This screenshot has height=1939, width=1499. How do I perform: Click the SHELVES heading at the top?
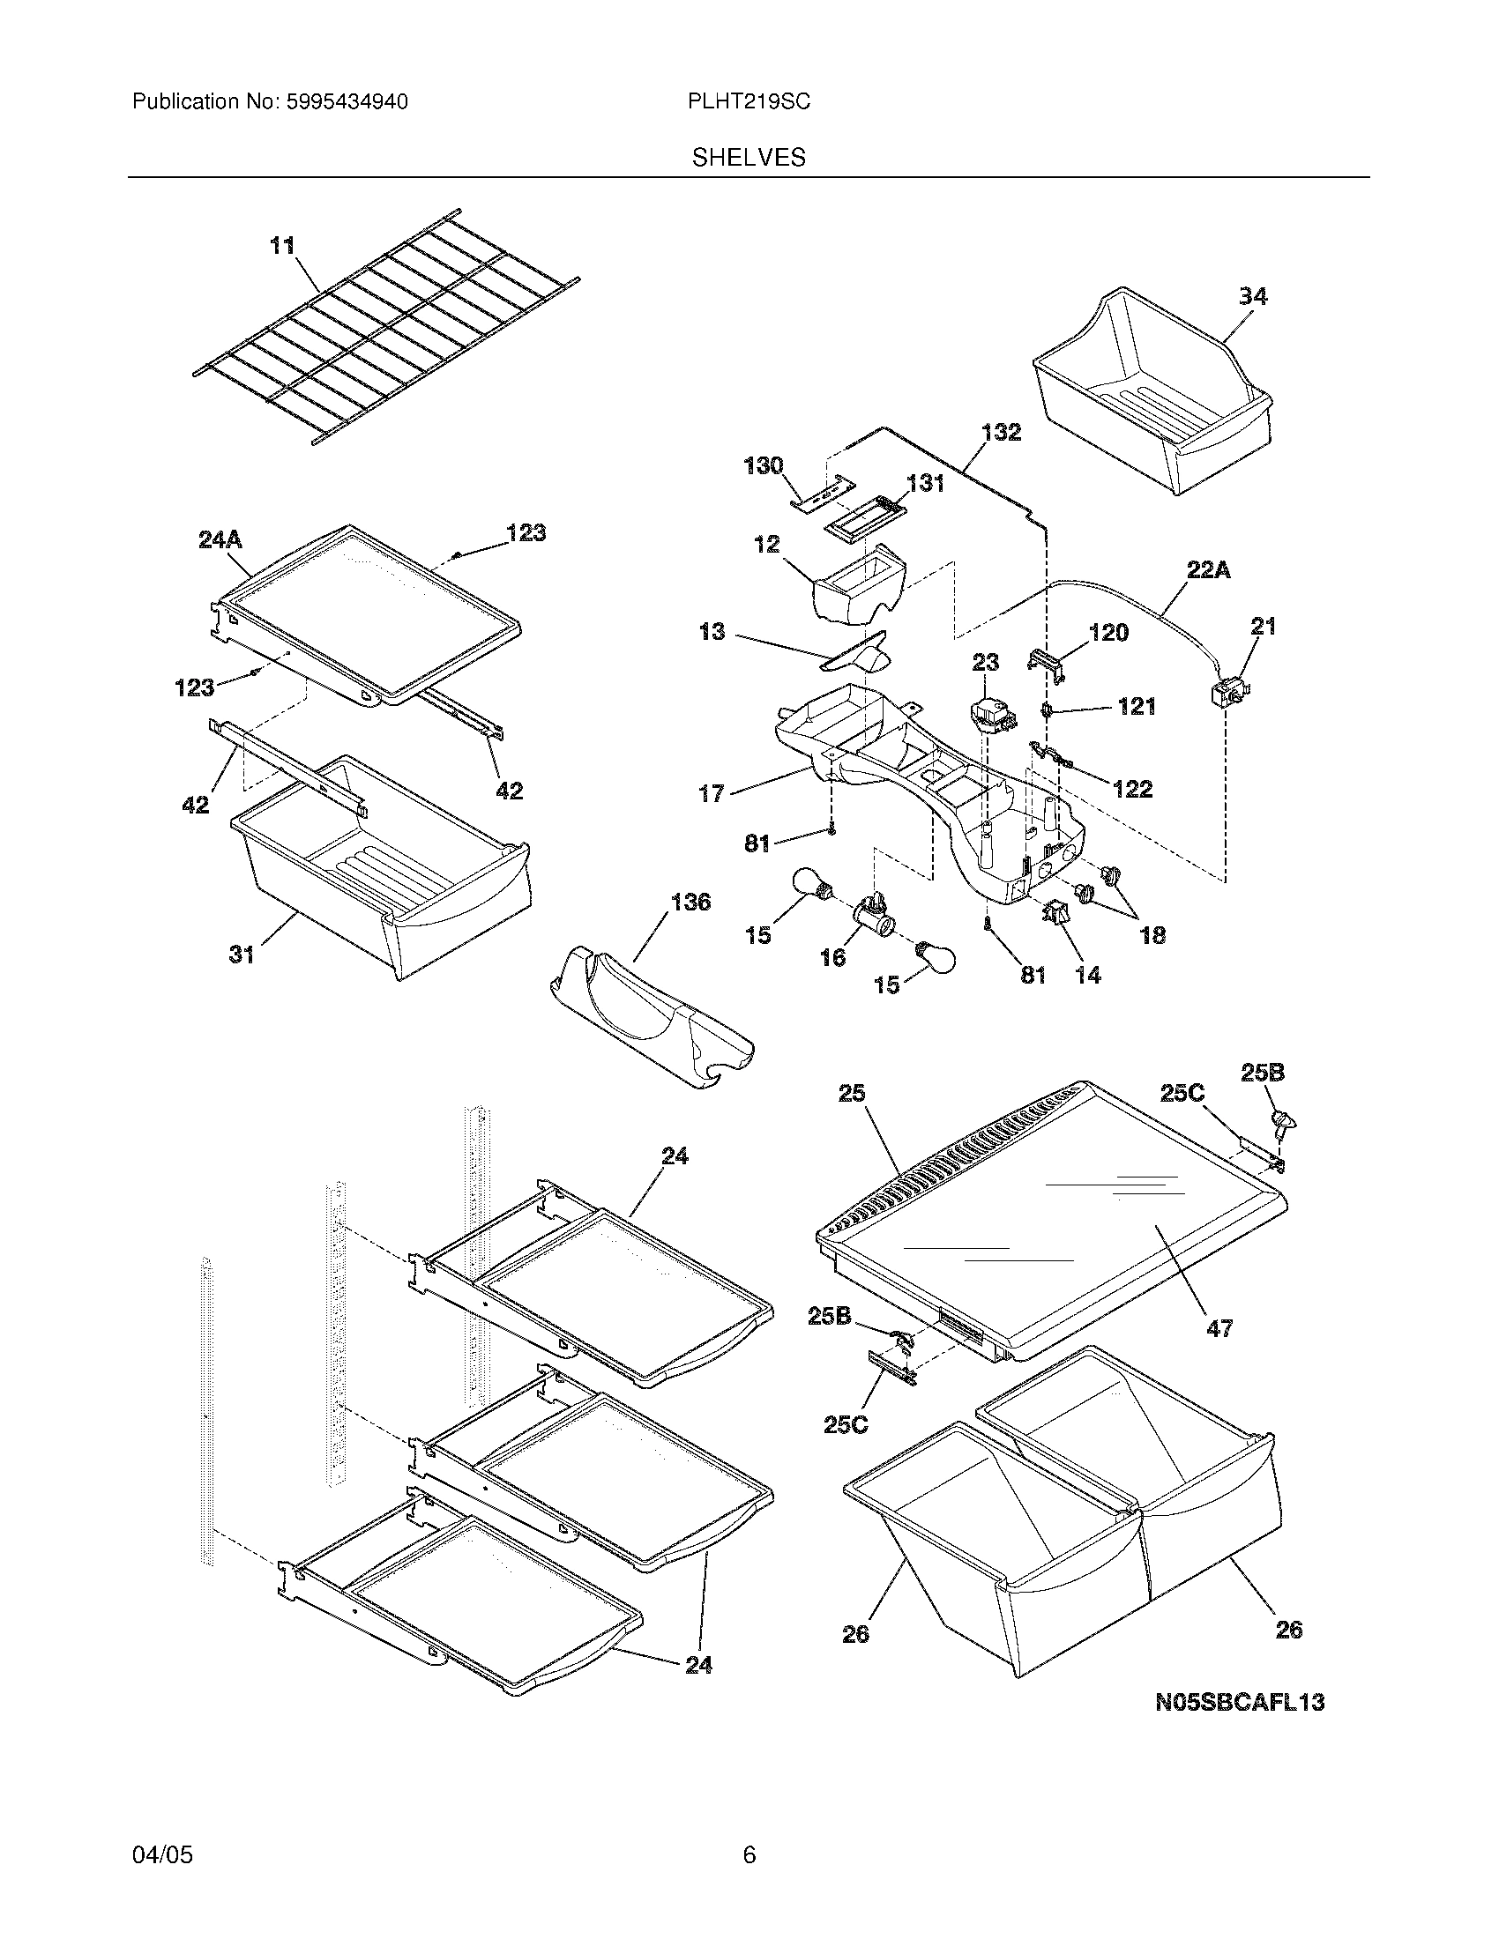(x=749, y=158)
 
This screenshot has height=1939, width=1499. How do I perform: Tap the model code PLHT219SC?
(x=749, y=102)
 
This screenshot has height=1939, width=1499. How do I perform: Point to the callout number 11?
(x=282, y=245)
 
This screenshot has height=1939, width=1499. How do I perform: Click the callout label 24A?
(x=220, y=539)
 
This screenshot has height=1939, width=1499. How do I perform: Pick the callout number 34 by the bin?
(x=1252, y=295)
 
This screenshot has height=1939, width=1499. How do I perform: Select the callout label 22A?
(x=1209, y=570)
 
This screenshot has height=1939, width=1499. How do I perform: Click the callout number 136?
(x=690, y=902)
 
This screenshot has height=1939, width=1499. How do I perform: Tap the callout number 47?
(x=1219, y=1353)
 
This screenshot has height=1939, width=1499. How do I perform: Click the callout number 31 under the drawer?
(x=242, y=955)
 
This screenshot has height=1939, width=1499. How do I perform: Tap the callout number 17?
(x=712, y=793)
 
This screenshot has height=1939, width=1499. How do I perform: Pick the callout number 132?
(x=1001, y=433)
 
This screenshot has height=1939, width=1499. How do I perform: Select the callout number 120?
(x=1108, y=632)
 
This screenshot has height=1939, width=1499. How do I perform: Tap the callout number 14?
(x=1087, y=975)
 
